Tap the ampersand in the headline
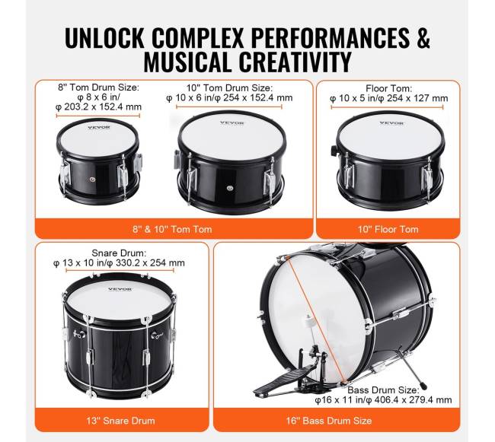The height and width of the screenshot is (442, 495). click(420, 38)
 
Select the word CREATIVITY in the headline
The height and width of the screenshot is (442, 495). click(295, 62)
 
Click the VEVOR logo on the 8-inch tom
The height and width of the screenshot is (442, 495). click(99, 128)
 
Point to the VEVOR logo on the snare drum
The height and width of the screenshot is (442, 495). click(120, 289)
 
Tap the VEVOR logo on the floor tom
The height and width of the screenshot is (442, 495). click(391, 123)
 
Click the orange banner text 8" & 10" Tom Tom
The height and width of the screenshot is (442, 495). click(172, 229)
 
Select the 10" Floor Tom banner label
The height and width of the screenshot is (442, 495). click(388, 229)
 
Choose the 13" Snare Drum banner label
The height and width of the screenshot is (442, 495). click(120, 421)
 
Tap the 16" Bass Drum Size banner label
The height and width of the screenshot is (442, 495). click(329, 421)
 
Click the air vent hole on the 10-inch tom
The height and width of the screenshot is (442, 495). click(230, 188)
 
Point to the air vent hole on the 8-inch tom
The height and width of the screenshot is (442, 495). click(92, 180)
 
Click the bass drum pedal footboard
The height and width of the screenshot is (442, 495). click(278, 383)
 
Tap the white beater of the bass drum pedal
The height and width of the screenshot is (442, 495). click(307, 324)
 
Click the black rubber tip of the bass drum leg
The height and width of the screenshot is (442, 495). click(423, 386)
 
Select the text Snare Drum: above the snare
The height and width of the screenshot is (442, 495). click(119, 253)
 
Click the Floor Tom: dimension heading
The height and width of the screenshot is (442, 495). click(389, 88)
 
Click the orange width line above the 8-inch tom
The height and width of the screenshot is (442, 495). click(98, 116)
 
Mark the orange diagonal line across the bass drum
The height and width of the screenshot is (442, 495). click(316, 321)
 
